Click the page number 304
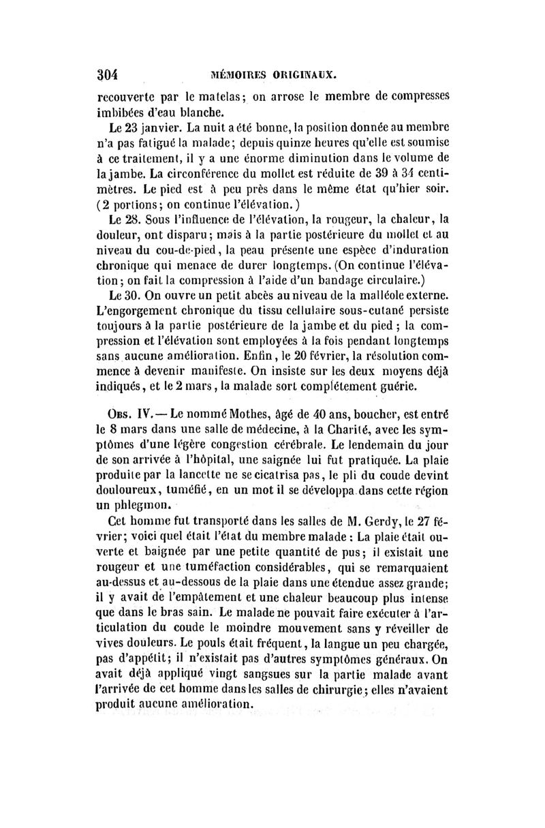(x=108, y=74)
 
